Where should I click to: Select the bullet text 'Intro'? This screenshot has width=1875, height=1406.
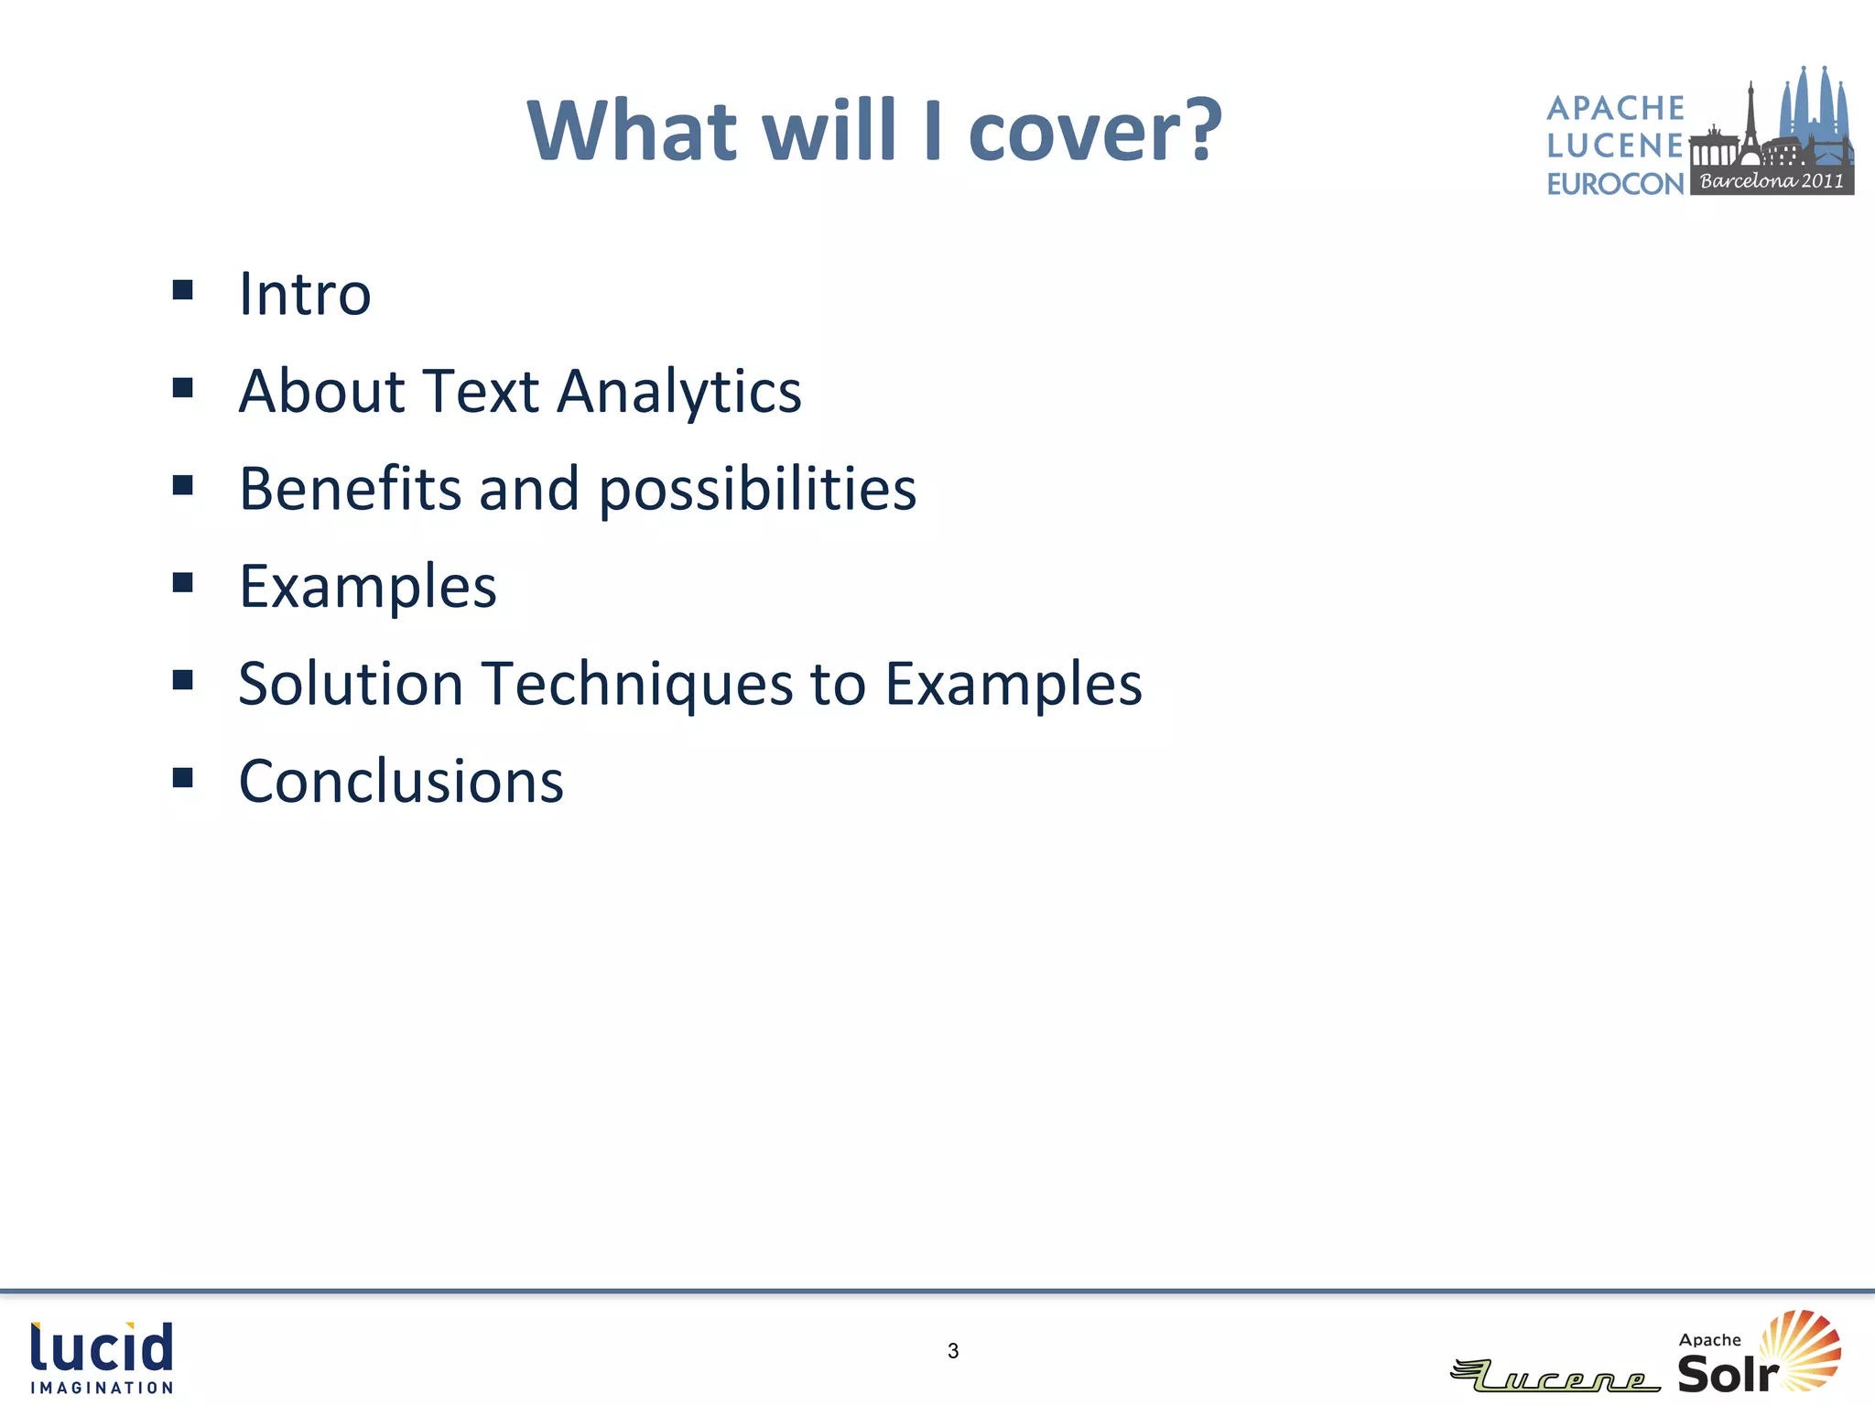tap(305, 294)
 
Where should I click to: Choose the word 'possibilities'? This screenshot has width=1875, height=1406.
tap(757, 490)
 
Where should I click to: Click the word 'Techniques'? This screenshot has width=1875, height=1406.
tap(637, 685)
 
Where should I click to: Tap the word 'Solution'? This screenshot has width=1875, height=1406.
tap(351, 685)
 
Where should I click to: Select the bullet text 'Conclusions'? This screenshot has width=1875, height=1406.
tap(401, 782)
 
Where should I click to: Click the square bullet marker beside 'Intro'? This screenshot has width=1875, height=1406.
tap(183, 290)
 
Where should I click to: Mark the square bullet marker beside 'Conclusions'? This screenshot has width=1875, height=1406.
tap(183, 778)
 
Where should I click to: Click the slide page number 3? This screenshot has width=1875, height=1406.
tap(953, 1351)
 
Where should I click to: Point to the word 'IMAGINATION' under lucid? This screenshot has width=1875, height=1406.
tap(102, 1388)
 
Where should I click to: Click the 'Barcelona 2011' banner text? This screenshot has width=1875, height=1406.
tap(1772, 180)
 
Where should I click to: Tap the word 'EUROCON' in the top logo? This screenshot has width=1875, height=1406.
tap(1615, 184)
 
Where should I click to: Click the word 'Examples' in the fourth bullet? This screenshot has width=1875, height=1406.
tap(367, 587)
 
